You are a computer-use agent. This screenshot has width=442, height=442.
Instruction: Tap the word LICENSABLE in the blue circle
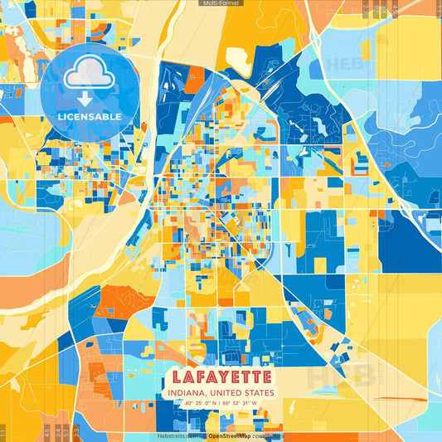tap(89, 116)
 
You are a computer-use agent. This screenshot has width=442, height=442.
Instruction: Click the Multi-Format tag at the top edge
tap(221, 3)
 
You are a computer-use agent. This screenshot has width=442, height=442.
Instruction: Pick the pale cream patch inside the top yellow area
tap(240, 57)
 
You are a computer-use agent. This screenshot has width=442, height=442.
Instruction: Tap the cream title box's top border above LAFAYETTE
tap(221, 362)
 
